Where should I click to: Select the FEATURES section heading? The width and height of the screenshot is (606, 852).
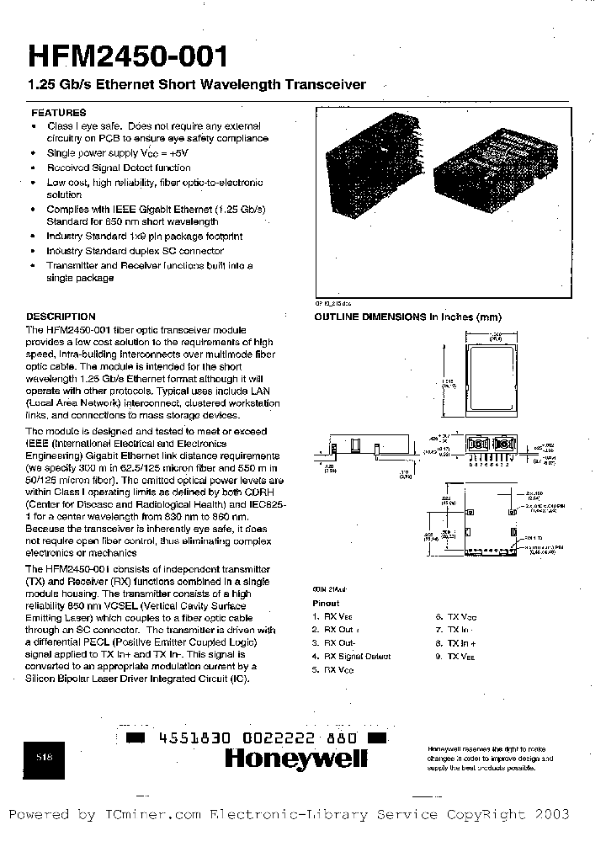(x=58, y=112)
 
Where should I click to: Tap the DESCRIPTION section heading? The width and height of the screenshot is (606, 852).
(x=61, y=317)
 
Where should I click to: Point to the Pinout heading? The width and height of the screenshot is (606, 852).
(x=326, y=603)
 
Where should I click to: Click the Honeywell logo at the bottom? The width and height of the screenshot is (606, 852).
(x=295, y=759)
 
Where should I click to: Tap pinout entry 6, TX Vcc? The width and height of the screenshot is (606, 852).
(x=455, y=616)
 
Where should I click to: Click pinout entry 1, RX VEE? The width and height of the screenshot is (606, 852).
(x=333, y=616)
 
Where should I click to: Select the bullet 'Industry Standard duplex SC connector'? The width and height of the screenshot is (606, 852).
(x=136, y=251)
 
